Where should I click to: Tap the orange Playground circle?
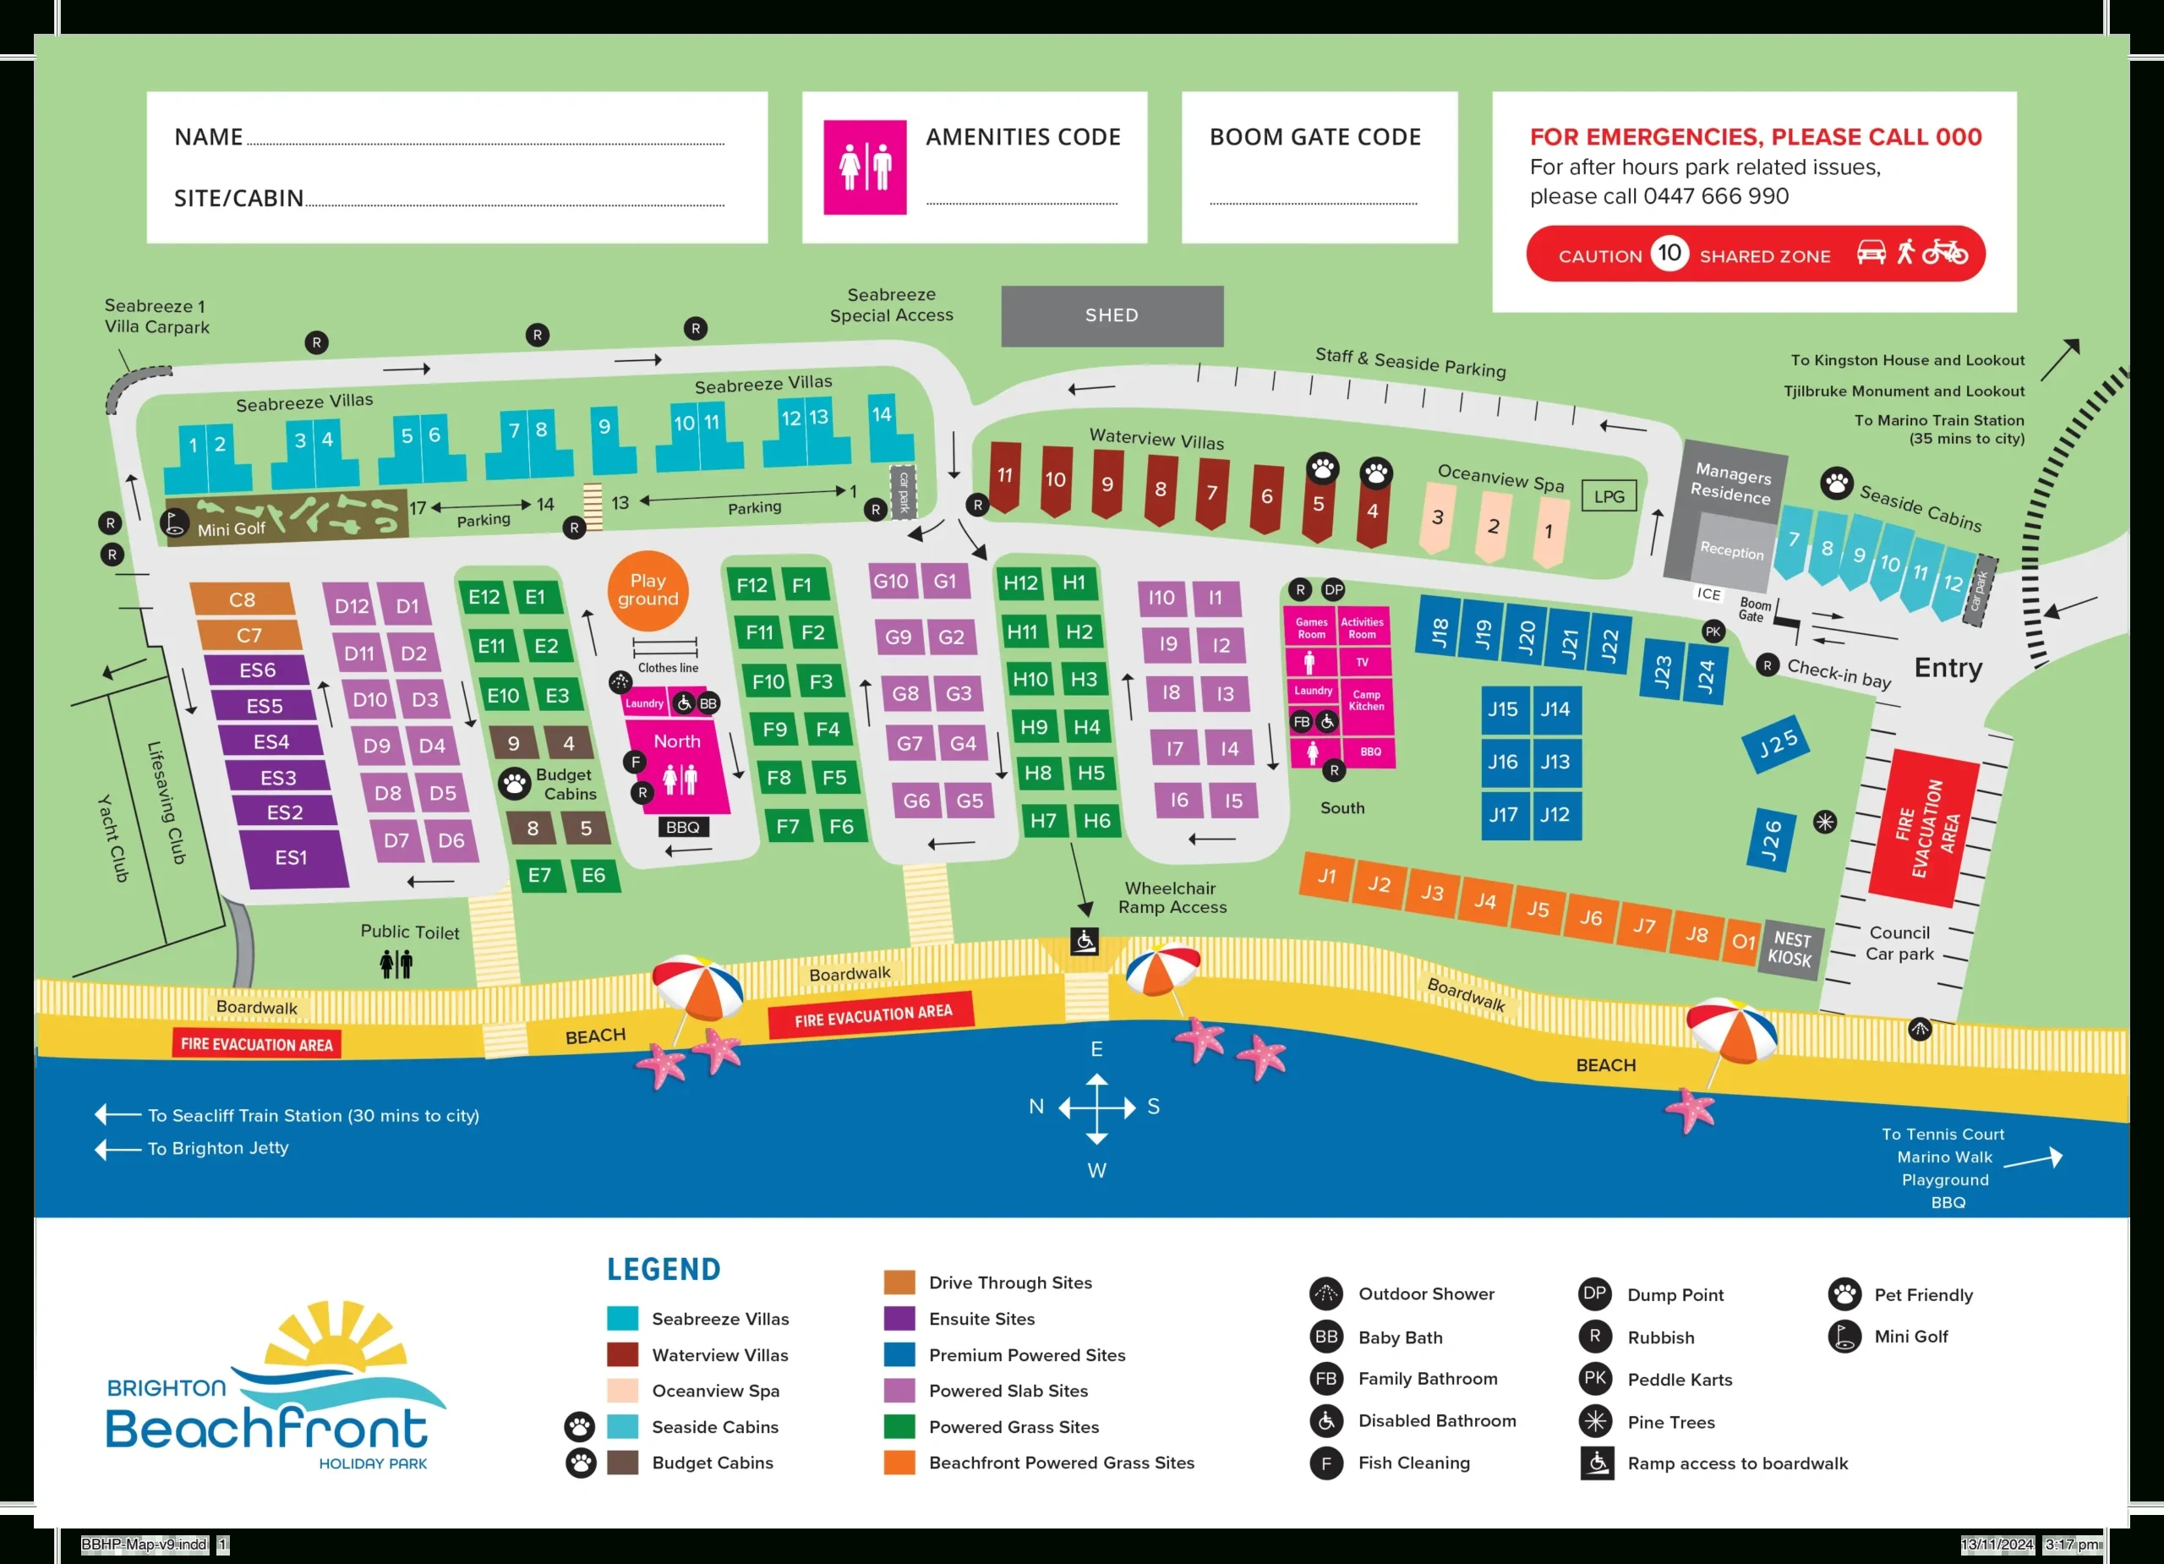(x=648, y=591)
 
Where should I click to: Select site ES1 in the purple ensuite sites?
(x=291, y=858)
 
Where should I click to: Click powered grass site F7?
(x=787, y=825)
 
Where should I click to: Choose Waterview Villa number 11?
(x=1005, y=476)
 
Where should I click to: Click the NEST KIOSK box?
(x=1790, y=949)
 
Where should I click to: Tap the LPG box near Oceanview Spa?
(x=1609, y=496)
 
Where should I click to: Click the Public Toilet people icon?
(x=396, y=964)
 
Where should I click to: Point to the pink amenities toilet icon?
(x=865, y=167)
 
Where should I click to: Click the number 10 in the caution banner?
(x=1669, y=253)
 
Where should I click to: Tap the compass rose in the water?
(x=1096, y=1107)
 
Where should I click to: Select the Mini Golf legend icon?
(x=1844, y=1336)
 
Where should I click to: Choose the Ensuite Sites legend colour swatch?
(x=899, y=1319)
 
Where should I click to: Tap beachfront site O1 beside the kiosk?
(x=1743, y=942)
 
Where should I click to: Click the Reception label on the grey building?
(x=1731, y=550)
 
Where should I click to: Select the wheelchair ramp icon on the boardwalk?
(x=1084, y=942)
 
